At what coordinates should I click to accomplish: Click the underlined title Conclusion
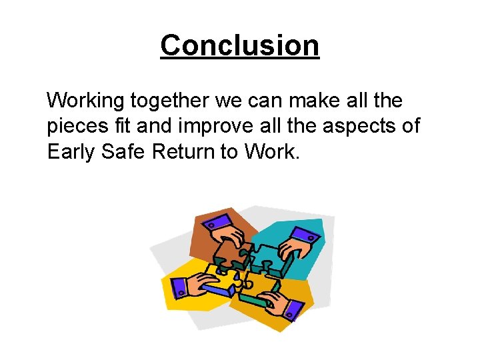[240, 46]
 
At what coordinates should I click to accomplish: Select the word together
[169, 101]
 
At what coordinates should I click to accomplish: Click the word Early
[70, 152]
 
